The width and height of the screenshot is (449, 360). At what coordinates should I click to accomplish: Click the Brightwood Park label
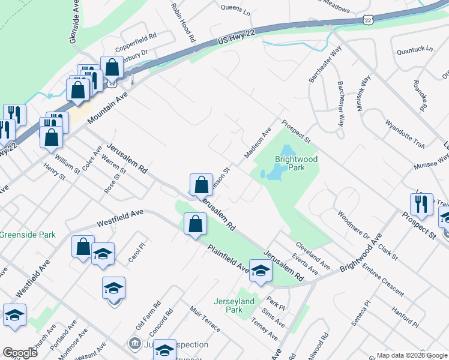point(296,163)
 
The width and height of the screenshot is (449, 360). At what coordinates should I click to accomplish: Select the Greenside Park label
point(28,235)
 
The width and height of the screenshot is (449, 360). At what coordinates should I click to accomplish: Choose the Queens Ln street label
point(235,9)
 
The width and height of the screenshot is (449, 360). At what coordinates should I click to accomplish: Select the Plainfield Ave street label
point(228,259)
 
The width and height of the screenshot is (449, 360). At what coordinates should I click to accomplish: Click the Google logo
point(20,352)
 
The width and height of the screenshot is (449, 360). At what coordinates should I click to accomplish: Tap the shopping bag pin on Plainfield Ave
point(195,224)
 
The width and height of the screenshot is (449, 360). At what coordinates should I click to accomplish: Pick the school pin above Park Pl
point(261,271)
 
